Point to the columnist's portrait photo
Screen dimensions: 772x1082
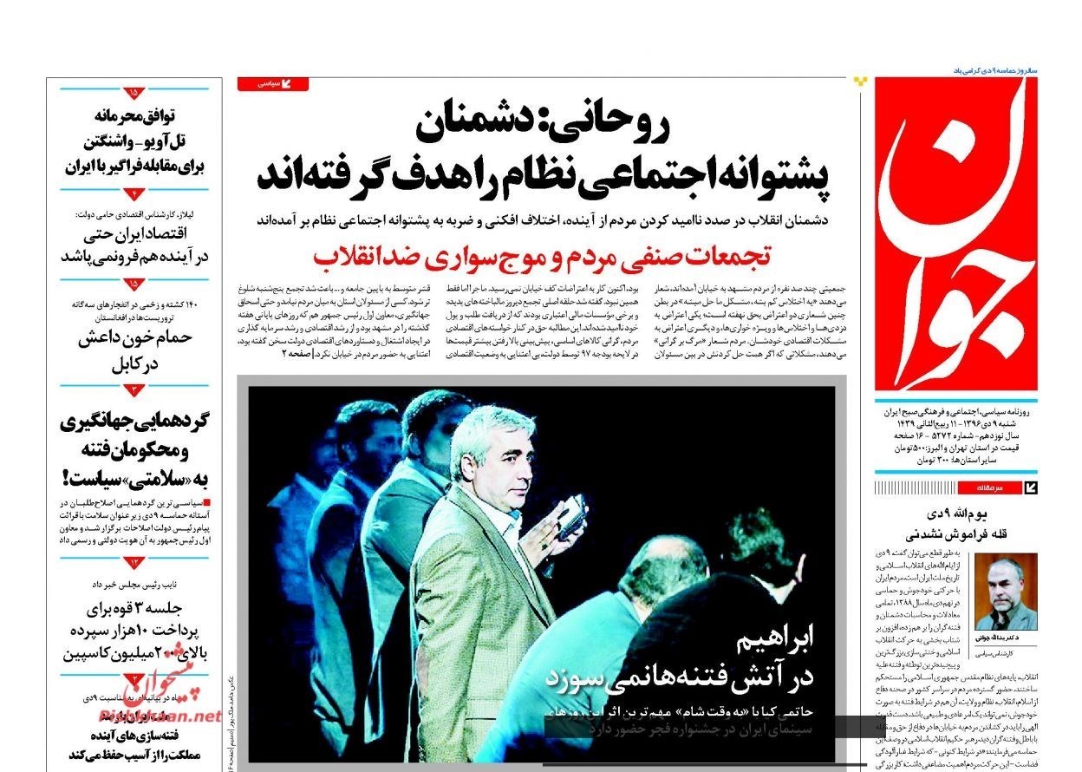pos(1006,592)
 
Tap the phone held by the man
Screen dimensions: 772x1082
pos(571,517)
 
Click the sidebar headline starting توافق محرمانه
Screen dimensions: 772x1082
pos(134,114)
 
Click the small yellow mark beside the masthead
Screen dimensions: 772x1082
pos(859,82)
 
